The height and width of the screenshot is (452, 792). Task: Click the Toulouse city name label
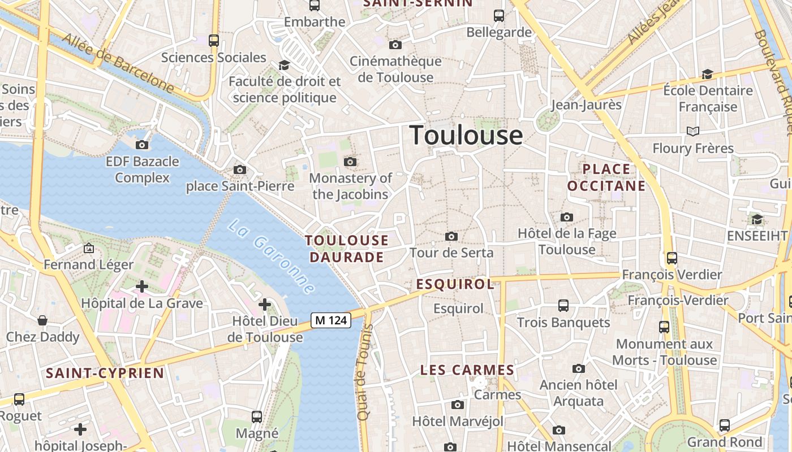(466, 136)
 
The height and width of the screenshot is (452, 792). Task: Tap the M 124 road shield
(331, 320)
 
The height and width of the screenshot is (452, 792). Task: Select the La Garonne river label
(272, 257)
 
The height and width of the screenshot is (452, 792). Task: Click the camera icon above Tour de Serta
(451, 236)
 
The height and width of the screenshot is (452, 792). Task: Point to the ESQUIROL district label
(455, 284)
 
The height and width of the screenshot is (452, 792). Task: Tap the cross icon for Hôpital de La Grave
(141, 286)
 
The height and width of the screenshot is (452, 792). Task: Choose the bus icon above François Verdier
(672, 258)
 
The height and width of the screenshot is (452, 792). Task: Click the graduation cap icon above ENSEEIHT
(757, 219)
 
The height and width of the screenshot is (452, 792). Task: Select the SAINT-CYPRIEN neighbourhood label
(105, 373)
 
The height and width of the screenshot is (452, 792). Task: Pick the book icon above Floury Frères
(692, 132)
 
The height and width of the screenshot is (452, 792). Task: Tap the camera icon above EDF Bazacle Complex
(142, 145)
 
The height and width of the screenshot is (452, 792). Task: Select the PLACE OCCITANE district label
(606, 177)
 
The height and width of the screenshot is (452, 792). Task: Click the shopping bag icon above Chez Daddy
(42, 321)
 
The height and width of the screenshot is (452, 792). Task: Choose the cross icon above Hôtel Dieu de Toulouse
(264, 305)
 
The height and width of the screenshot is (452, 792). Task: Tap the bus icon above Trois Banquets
(563, 306)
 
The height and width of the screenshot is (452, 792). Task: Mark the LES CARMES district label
(467, 371)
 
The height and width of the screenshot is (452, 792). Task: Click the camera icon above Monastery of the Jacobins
(350, 162)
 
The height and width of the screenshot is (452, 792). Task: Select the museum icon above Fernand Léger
(88, 247)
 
